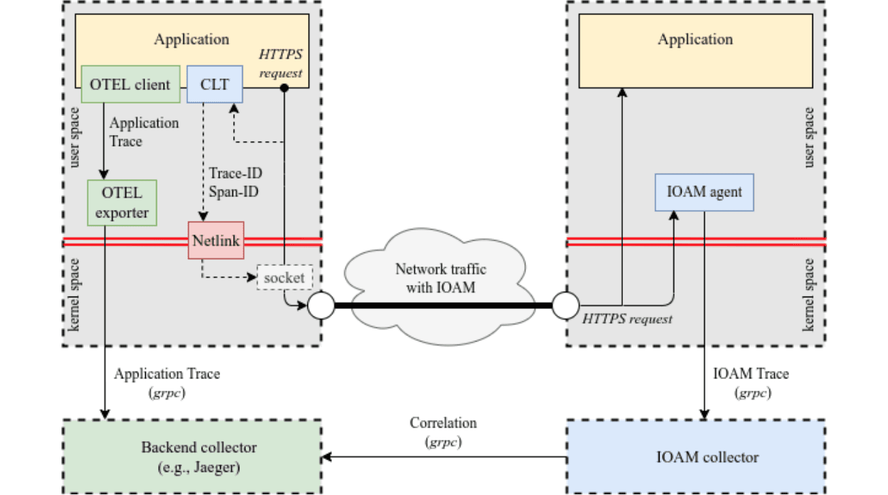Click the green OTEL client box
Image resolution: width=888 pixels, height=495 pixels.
tap(130, 85)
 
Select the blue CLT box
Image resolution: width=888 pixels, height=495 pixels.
tap(215, 85)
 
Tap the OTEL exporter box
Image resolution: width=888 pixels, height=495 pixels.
tap(123, 202)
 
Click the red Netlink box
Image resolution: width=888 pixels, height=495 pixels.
tap(215, 240)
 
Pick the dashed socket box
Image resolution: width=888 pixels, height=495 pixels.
tap(284, 277)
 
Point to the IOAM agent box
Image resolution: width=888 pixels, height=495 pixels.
tap(704, 192)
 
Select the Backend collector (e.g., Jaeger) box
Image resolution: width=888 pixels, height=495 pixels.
tap(192, 456)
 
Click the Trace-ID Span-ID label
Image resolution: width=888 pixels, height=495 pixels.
tap(234, 183)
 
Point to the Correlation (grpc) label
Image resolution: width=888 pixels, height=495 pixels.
tap(443, 432)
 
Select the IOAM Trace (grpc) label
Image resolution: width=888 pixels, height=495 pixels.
tap(751, 382)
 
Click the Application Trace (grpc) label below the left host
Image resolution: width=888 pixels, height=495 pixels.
tap(167, 382)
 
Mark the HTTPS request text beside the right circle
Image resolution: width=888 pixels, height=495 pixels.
tap(628, 318)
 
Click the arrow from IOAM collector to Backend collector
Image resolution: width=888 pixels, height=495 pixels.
tap(443, 457)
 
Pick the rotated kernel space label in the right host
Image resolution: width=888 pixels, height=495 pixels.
tap(809, 295)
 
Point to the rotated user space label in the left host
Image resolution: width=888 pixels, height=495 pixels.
tap(75, 136)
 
